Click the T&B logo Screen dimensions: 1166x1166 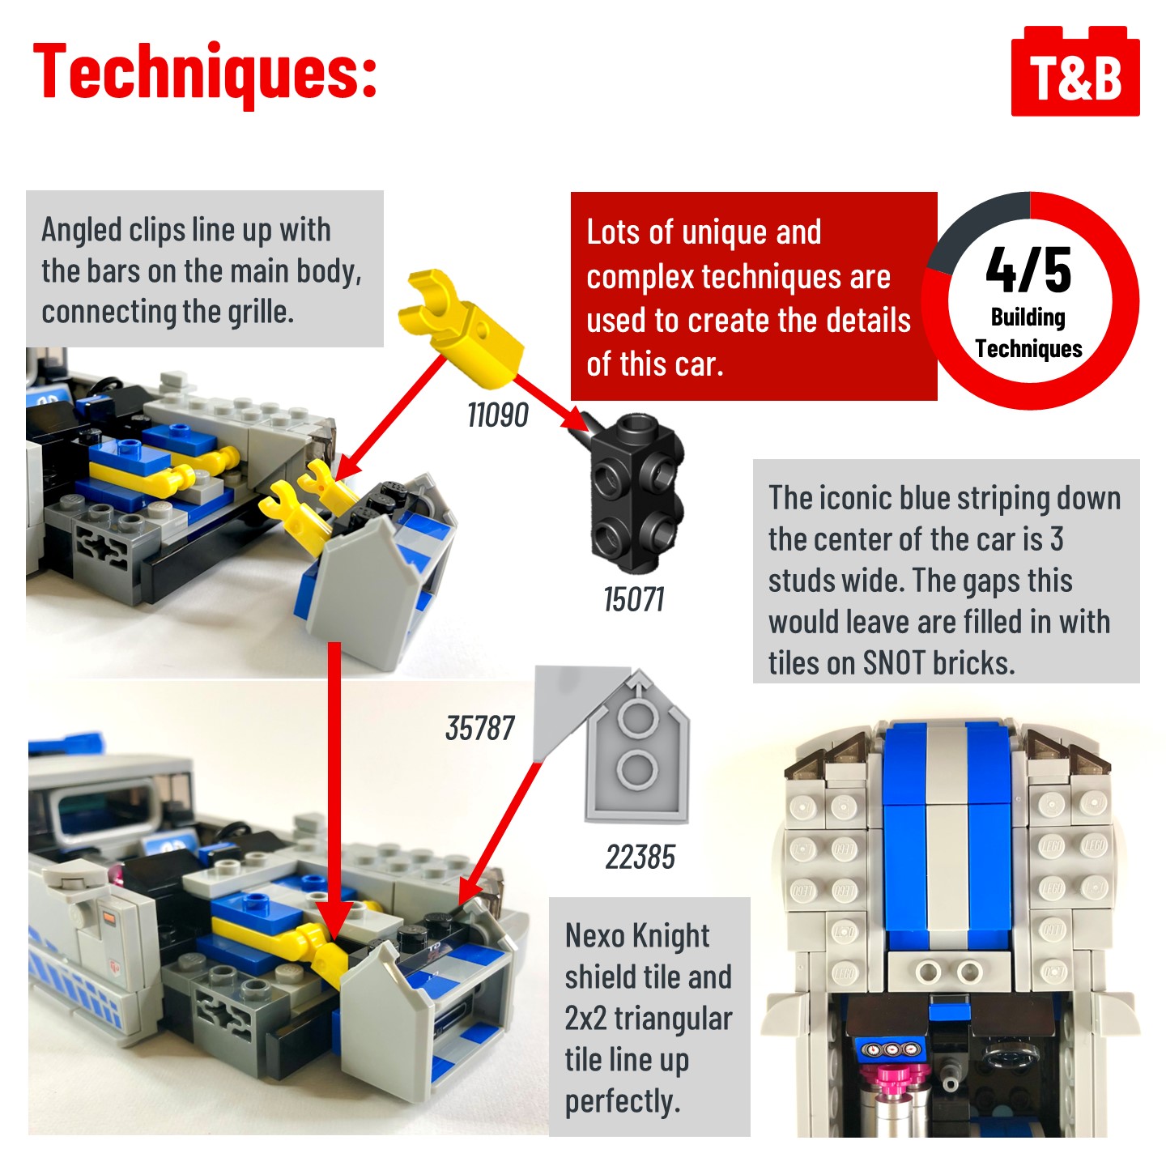click(x=1075, y=71)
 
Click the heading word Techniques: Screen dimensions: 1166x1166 click(x=205, y=73)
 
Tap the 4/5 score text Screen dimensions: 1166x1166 click(x=1028, y=270)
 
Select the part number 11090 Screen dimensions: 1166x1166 click(x=498, y=415)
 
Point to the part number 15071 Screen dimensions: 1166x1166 click(x=634, y=600)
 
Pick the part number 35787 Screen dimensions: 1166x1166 click(x=480, y=728)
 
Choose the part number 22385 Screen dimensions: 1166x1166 click(x=640, y=857)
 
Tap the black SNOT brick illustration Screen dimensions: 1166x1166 click(x=632, y=492)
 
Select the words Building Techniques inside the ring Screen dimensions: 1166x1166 click(x=1028, y=333)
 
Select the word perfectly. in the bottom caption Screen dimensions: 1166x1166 click(x=623, y=1100)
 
